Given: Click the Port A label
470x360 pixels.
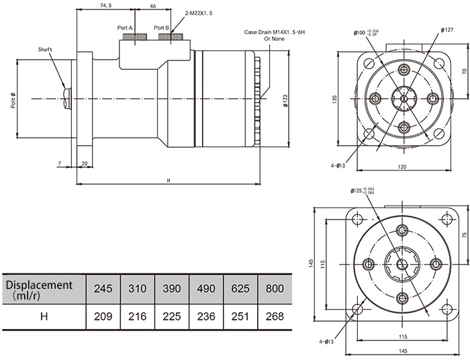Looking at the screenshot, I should coord(126,28).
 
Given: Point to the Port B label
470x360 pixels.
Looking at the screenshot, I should coord(162,28).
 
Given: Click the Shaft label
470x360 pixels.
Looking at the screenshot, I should coord(45,50).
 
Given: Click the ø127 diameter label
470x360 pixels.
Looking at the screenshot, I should coord(448,30).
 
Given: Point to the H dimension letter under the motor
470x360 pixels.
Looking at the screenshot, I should coord(169,180).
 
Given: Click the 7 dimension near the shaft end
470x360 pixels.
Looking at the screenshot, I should coord(60,164).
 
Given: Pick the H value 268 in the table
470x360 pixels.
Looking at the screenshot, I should coord(274,314).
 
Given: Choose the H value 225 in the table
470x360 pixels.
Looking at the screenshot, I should coord(171,314).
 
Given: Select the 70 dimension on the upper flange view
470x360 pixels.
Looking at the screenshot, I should coord(464,71).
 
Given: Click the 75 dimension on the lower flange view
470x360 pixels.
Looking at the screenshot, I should coord(464,235).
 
